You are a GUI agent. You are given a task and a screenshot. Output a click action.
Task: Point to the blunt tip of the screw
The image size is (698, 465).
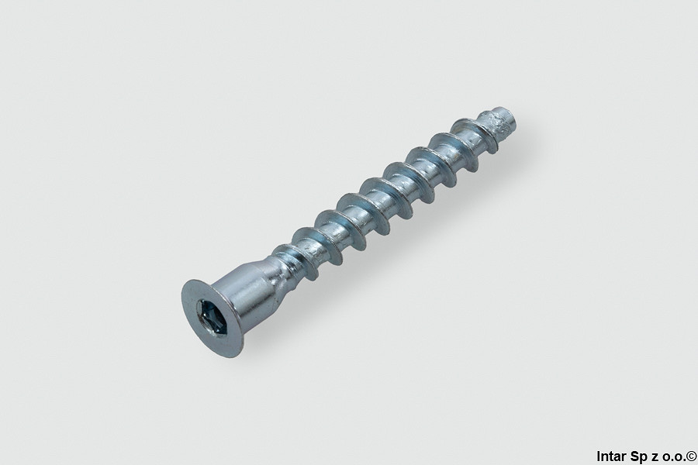510,117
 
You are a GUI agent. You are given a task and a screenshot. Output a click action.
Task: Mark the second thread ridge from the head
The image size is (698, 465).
314,247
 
